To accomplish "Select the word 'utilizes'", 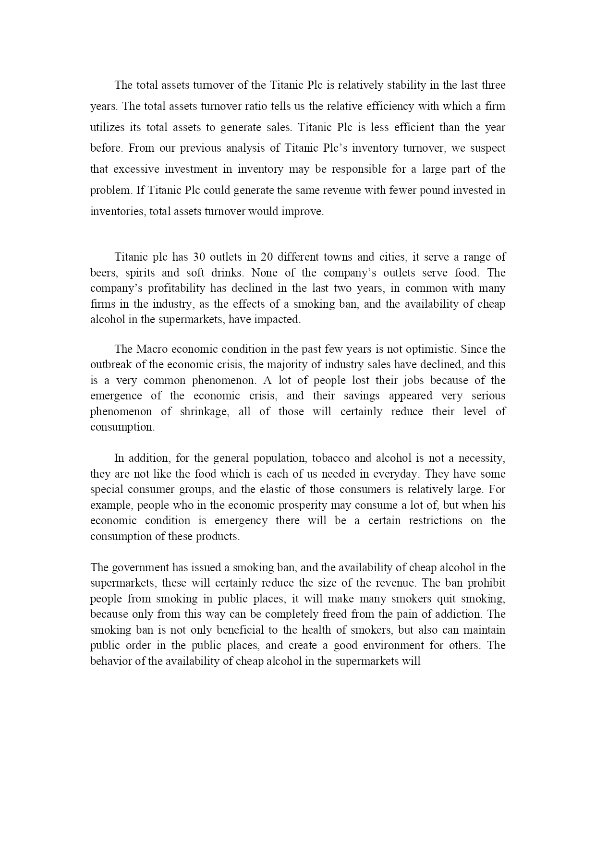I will (105, 128).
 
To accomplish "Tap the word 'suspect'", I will (486, 148).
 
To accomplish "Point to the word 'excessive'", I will (133, 169).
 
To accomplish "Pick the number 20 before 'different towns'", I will (267, 257).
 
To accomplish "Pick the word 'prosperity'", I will (305, 505).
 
